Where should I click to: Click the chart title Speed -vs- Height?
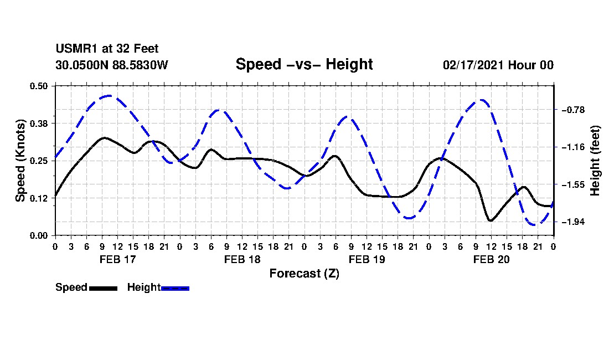304,64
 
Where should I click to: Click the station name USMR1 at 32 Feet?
107,49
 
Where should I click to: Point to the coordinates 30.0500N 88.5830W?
112,65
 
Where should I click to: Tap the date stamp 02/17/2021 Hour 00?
498,65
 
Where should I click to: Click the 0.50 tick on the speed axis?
38,86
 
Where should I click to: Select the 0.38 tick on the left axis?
38,124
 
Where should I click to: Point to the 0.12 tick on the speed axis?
38,198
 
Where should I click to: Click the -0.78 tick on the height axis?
573,110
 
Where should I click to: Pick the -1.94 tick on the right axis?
573,222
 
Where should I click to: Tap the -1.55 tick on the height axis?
573,184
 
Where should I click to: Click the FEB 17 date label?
118,259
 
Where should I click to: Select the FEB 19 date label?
367,259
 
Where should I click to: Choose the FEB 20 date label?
491,259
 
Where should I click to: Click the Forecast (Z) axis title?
304,274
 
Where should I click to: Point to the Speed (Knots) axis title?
20,161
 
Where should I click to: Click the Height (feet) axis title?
595,161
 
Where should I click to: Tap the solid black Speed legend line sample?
104,288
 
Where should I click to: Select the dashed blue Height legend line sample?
175,288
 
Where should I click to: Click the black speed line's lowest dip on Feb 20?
491,220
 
